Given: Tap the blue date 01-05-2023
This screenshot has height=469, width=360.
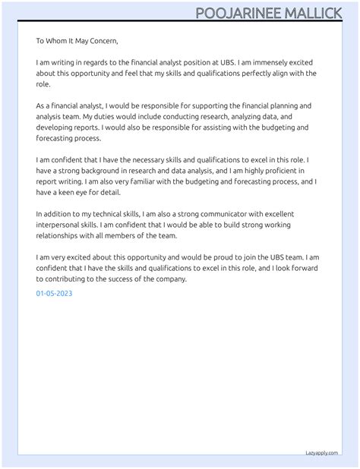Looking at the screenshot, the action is coord(55,292).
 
